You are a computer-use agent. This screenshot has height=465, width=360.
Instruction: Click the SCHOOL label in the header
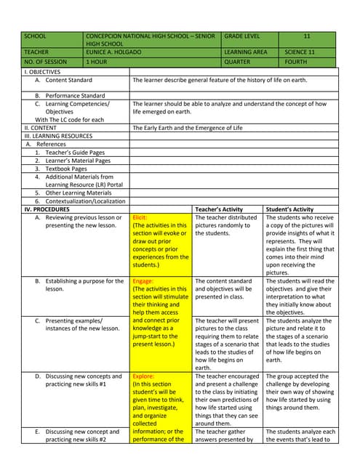tap(35, 36)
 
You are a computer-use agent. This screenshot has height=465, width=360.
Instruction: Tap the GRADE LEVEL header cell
tap(245, 36)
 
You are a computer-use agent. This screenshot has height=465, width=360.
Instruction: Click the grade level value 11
tap(306, 36)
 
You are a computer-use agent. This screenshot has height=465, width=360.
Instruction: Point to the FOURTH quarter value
tap(296, 62)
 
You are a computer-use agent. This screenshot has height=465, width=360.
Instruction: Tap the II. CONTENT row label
tap(41, 127)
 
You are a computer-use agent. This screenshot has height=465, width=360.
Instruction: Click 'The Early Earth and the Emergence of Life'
tap(188, 127)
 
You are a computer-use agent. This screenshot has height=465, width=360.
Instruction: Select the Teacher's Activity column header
tap(219, 209)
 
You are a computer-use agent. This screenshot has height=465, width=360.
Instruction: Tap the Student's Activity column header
tap(291, 209)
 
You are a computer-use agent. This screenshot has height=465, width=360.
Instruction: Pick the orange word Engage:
tap(143, 281)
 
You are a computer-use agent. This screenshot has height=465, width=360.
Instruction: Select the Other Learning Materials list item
tap(73, 193)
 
